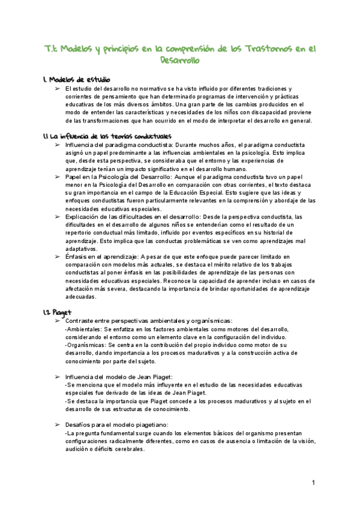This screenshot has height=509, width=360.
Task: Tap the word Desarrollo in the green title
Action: point(179,61)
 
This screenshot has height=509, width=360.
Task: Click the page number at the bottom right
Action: point(314,483)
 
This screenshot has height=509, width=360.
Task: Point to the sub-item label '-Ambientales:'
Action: point(83,330)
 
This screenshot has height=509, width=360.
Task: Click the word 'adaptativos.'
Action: point(81,248)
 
